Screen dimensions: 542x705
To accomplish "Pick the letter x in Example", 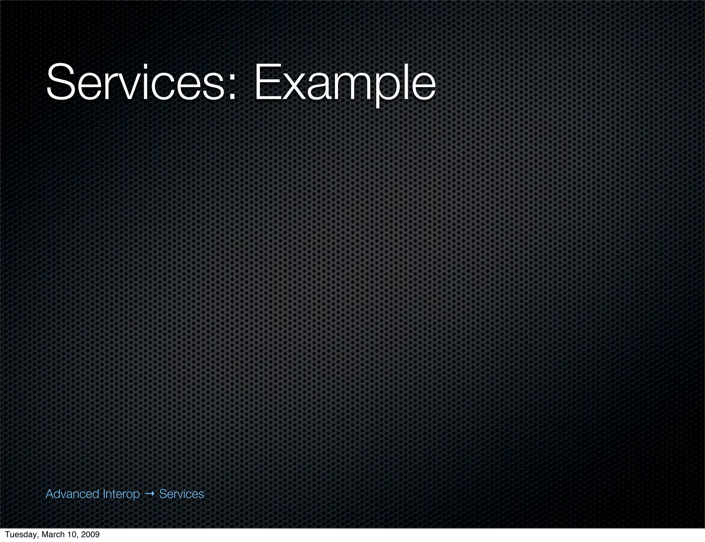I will pyautogui.click(x=294, y=88).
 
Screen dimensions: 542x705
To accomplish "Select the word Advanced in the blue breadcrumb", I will pyautogui.click(x=72, y=494).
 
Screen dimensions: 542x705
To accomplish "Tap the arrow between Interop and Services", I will pyautogui.click(x=149, y=494).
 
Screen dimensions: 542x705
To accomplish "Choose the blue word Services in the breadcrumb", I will pyautogui.click(x=181, y=494).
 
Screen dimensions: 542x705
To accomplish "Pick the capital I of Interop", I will pyautogui.click(x=104, y=494).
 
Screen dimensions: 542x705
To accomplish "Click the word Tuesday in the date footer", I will pyautogui.click(x=21, y=534).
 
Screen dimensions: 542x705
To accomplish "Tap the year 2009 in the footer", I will pyautogui.click(x=91, y=534).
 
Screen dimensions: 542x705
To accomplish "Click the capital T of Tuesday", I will pyautogui.click(x=7, y=534).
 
